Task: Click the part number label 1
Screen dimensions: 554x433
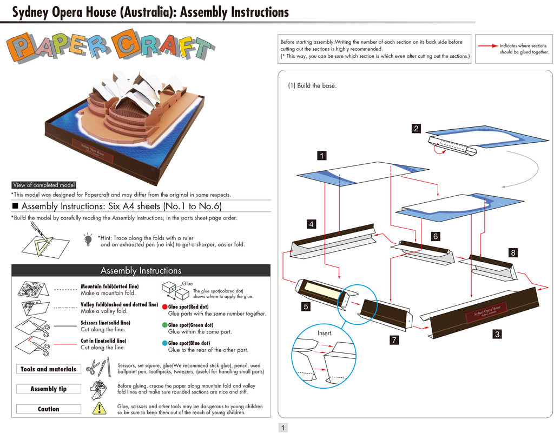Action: [x=321, y=156]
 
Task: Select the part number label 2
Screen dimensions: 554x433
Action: [x=416, y=129]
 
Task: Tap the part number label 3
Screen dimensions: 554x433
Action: [x=497, y=334]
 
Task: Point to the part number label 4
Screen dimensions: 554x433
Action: [x=311, y=224]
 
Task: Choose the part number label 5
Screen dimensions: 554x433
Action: [x=306, y=307]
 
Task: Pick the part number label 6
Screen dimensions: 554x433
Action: [x=436, y=236]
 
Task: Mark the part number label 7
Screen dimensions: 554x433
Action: [x=394, y=340]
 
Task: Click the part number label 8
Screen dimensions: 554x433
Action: [x=513, y=252]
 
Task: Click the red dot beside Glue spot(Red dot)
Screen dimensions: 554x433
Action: [x=164, y=307]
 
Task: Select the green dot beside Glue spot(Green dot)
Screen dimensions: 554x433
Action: [x=164, y=325]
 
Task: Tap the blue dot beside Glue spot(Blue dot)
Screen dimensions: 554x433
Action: [x=164, y=343]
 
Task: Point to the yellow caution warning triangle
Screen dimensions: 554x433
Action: [x=100, y=408]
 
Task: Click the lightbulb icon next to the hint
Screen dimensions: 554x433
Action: [x=88, y=239]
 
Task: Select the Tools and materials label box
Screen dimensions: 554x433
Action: [x=48, y=369]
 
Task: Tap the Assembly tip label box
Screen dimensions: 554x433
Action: [x=48, y=389]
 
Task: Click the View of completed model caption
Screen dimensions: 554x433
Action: [x=44, y=185]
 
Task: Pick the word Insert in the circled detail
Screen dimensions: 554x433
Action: [x=325, y=333]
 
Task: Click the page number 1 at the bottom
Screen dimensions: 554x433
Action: [x=282, y=428]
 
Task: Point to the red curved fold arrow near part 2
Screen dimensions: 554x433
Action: [x=438, y=151]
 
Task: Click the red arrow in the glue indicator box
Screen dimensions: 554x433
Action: [x=488, y=46]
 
